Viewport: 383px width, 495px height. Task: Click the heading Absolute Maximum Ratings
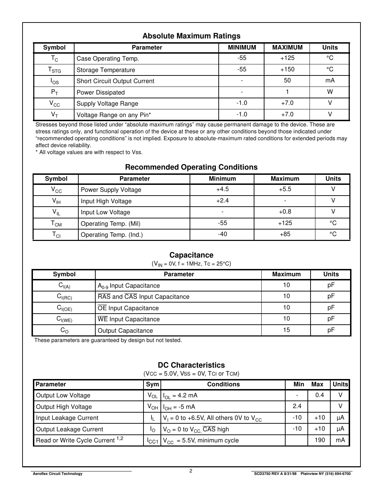point(191,36)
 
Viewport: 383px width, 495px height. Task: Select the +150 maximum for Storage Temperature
point(287,70)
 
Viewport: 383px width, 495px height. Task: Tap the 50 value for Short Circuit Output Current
point(287,81)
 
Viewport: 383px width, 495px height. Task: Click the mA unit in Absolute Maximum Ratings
point(330,81)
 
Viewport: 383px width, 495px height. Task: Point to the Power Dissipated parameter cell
point(101,92)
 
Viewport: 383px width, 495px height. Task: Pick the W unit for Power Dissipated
point(330,92)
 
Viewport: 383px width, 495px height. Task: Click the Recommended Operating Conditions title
point(191,167)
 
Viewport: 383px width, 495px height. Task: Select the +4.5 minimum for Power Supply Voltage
point(222,189)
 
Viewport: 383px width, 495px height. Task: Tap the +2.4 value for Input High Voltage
point(222,201)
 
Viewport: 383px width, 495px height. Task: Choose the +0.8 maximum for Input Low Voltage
point(285,212)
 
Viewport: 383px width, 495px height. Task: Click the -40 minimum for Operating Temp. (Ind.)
point(222,234)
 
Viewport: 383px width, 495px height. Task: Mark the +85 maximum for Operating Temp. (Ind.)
point(285,234)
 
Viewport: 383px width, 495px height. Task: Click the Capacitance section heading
point(191,255)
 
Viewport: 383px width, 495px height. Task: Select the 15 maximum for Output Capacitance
point(286,330)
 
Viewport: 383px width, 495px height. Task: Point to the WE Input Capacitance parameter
point(129,319)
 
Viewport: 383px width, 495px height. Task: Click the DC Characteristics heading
point(191,365)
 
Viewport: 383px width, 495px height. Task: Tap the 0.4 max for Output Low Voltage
point(319,395)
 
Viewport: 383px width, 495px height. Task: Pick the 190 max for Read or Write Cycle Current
point(319,440)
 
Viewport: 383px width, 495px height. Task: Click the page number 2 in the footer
point(191,471)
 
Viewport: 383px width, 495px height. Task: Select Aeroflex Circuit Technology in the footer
point(58,474)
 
